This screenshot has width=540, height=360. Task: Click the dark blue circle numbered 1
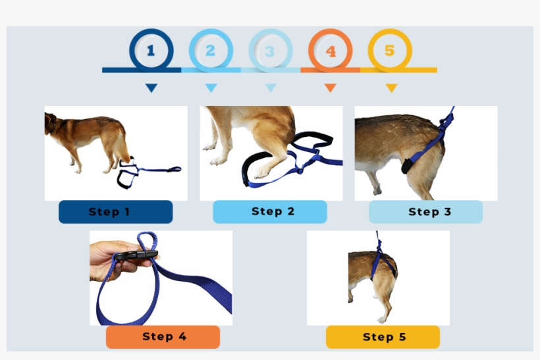click(x=151, y=50)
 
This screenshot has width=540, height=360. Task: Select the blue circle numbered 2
click(x=211, y=50)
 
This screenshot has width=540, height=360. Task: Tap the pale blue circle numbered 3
click(x=271, y=51)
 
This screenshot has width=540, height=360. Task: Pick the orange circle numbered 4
click(x=331, y=51)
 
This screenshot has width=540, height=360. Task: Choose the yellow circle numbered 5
click(x=390, y=50)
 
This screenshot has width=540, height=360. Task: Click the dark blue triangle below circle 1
click(x=151, y=88)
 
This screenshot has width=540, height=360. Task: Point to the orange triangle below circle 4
click(x=331, y=88)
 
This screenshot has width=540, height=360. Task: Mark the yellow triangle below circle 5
click(x=391, y=88)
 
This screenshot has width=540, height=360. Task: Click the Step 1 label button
click(x=115, y=212)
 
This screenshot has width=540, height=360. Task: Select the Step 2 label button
click(x=269, y=212)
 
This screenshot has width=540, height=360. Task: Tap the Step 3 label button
click(x=425, y=212)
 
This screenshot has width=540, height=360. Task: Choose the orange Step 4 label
click(x=163, y=337)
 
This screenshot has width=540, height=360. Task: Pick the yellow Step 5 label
click(x=383, y=337)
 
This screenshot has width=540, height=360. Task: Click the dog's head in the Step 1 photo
click(x=52, y=123)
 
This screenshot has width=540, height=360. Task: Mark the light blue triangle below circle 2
click(x=211, y=88)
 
